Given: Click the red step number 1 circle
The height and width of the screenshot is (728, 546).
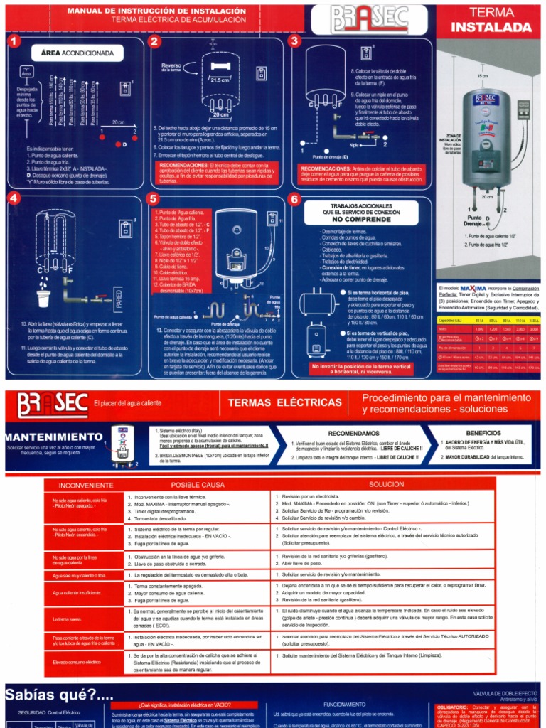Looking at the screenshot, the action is (12, 43).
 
